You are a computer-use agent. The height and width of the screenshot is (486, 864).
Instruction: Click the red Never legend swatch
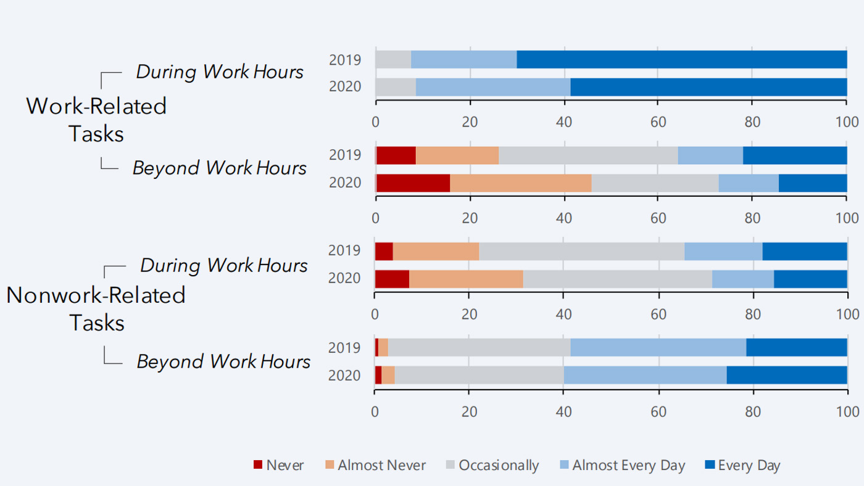(x=258, y=464)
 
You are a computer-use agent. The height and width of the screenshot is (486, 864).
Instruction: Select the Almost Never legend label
(x=381, y=465)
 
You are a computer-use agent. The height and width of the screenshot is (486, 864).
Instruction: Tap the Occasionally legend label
(x=499, y=465)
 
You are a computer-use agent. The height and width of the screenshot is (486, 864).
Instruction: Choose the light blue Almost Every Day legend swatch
(x=564, y=464)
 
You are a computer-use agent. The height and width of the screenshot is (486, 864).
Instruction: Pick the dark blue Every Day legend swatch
(x=710, y=464)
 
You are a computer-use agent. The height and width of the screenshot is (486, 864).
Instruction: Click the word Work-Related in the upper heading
(x=96, y=106)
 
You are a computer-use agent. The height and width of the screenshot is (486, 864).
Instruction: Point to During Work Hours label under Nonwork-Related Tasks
(x=223, y=265)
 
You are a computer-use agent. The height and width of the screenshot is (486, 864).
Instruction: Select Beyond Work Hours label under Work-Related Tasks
(x=219, y=168)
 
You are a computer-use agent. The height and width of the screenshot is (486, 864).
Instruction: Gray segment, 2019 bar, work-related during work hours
(x=393, y=60)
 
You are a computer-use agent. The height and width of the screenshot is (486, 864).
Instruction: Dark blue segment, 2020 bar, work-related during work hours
(x=708, y=87)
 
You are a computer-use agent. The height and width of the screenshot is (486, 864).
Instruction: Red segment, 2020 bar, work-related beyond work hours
(x=413, y=183)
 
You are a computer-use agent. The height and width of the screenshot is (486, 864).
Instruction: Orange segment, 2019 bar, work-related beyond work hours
(x=457, y=155)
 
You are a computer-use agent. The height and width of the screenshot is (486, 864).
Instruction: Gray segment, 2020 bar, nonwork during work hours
(x=617, y=279)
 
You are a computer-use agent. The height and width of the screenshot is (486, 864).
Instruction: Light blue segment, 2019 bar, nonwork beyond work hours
(x=658, y=347)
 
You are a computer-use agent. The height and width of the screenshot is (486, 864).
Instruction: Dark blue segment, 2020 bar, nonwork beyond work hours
(x=787, y=375)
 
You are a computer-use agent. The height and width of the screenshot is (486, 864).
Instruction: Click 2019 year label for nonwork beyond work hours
(x=344, y=348)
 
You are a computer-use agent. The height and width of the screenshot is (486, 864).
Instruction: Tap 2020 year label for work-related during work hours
(x=344, y=87)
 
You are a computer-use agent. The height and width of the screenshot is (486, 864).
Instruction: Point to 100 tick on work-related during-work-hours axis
(x=846, y=121)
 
